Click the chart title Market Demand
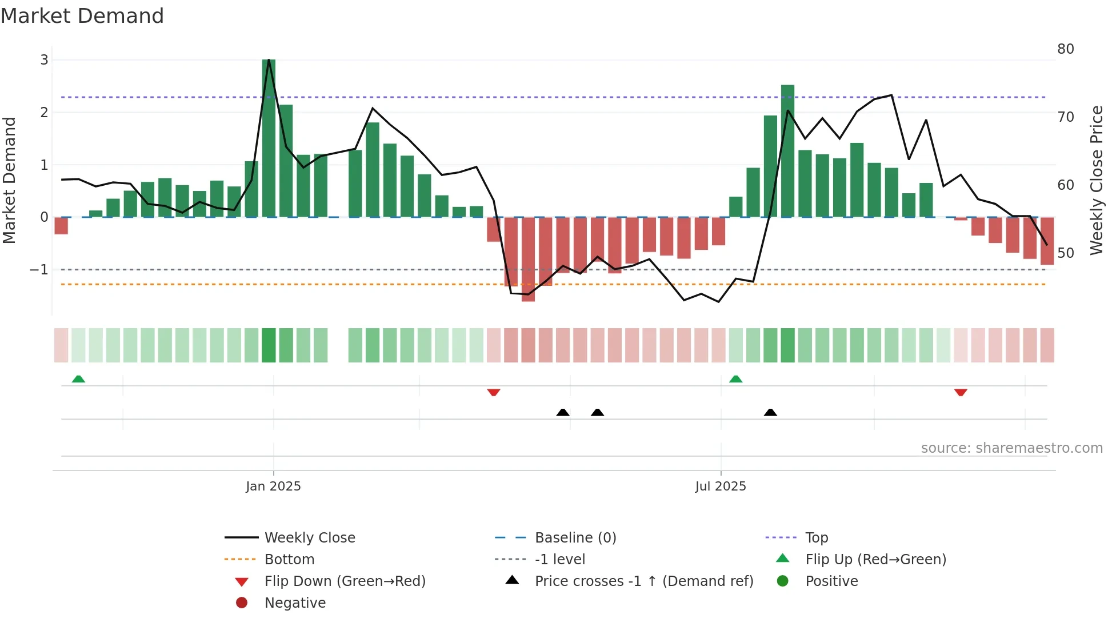(x=82, y=16)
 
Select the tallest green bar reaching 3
(x=269, y=137)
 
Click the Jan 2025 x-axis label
(x=273, y=487)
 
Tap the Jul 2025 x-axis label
(x=721, y=487)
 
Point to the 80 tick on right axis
(x=1065, y=49)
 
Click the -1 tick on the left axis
(x=39, y=270)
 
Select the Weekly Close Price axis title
(x=1096, y=180)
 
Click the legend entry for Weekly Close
(x=309, y=538)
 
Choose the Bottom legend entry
(x=289, y=560)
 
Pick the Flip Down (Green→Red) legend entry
(x=345, y=581)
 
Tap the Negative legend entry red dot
(x=242, y=603)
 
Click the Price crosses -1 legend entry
(x=643, y=581)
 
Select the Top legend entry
(x=816, y=538)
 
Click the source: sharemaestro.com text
(x=1011, y=448)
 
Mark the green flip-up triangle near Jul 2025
(x=736, y=379)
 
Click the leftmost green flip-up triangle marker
(x=78, y=379)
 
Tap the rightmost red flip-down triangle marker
(x=961, y=392)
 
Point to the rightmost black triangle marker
(x=770, y=412)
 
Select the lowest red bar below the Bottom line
(x=528, y=260)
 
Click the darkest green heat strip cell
(x=269, y=345)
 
